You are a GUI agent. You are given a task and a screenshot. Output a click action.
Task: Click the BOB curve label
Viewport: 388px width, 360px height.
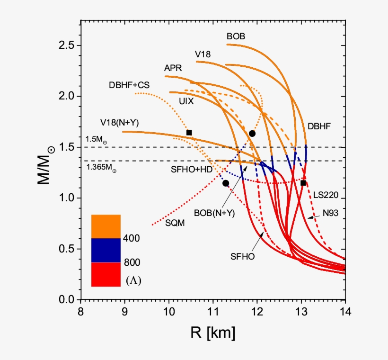click(x=236, y=36)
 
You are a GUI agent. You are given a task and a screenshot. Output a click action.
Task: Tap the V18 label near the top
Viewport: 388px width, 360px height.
click(x=203, y=54)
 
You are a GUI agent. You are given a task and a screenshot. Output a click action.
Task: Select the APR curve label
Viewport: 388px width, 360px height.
click(x=173, y=68)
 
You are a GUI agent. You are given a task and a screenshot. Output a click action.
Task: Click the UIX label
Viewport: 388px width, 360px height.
click(x=186, y=101)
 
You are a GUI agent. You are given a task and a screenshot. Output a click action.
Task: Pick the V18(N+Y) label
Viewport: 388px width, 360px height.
click(x=119, y=123)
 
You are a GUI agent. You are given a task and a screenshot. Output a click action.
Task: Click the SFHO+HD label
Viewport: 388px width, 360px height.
click(x=192, y=170)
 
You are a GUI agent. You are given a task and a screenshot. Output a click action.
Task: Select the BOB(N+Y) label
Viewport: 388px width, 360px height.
click(x=214, y=213)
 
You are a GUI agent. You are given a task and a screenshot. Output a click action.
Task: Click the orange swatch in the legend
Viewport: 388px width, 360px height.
click(x=106, y=226)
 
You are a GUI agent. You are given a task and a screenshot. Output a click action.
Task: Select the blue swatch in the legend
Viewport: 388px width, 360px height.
click(x=106, y=250)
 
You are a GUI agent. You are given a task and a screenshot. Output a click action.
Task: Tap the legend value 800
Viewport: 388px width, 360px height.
click(x=131, y=262)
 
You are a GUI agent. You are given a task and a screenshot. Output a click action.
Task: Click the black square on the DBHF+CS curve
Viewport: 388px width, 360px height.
click(x=189, y=133)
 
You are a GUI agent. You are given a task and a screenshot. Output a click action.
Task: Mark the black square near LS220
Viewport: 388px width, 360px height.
click(x=303, y=183)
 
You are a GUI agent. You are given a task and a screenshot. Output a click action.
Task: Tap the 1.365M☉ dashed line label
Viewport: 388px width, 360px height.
click(x=101, y=167)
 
